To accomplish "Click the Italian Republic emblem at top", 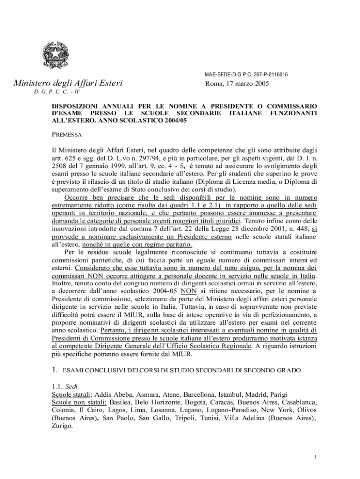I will coord(55,55).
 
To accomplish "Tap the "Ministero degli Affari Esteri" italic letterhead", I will coord(68,84).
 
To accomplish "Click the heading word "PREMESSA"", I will coord(66,135).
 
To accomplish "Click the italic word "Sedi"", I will coord(71,387).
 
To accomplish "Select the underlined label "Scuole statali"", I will coord(71,394).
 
